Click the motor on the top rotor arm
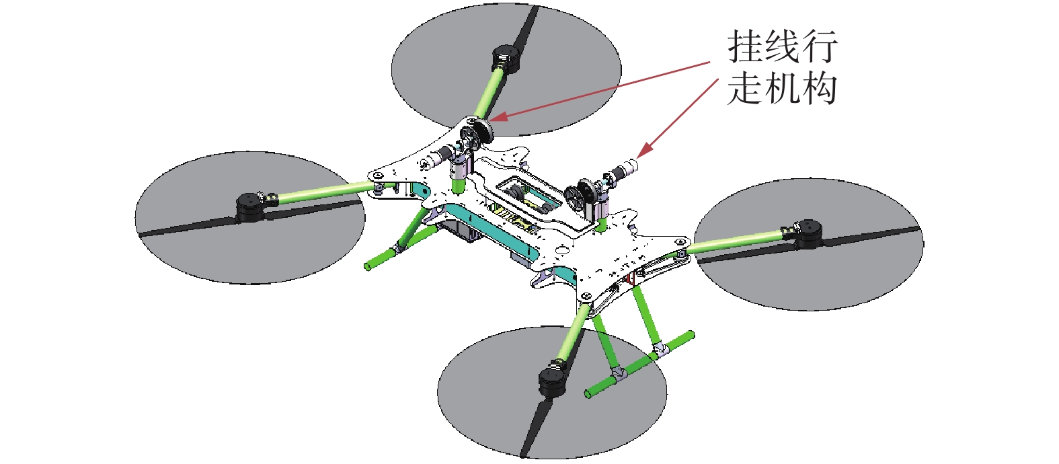[506, 59]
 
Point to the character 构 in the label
[818, 88]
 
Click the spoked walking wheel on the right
[578, 198]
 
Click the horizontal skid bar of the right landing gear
[639, 363]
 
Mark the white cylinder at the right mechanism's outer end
[629, 165]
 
